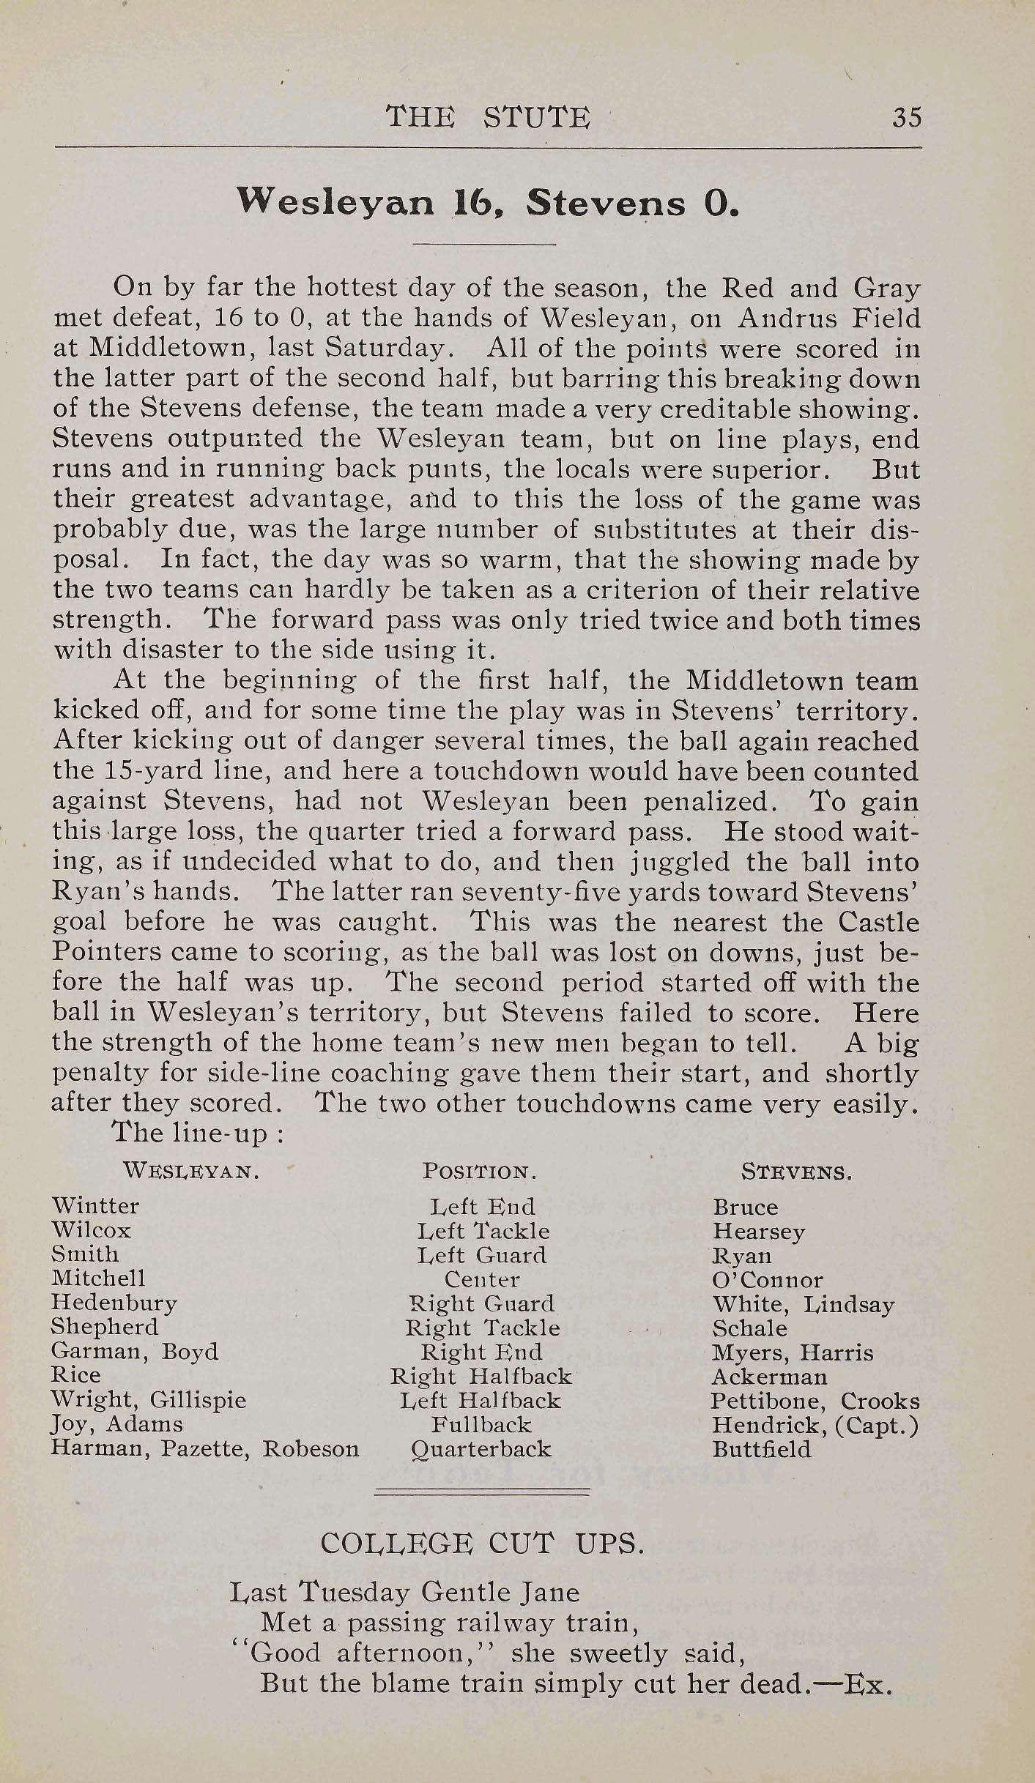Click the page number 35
(906, 117)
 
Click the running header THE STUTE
(487, 117)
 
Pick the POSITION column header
(480, 1170)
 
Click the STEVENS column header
(796, 1171)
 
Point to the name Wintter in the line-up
(95, 1205)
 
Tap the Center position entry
(482, 1279)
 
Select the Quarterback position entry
(481, 1449)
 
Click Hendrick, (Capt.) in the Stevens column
(815, 1425)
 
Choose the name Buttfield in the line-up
(762, 1449)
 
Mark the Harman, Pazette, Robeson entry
(205, 1448)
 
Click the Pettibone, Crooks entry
(815, 1401)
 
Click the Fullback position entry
(481, 1424)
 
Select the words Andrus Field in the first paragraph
(828, 318)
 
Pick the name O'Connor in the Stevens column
(767, 1279)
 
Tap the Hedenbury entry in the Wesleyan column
(114, 1303)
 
